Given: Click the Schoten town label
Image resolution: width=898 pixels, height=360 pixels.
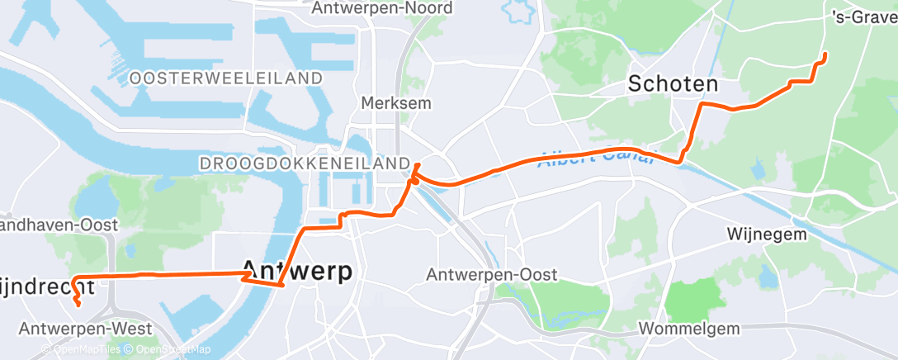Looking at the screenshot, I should pyautogui.click(x=673, y=83).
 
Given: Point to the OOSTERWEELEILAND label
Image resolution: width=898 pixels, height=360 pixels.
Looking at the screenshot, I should pyautogui.click(x=226, y=78).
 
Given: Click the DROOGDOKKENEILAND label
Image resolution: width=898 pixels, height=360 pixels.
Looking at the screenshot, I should pyautogui.click(x=305, y=163).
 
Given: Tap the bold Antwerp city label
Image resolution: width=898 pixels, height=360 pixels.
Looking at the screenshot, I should pyautogui.click(x=297, y=271).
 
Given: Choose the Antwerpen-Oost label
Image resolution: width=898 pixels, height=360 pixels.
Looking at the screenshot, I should pyautogui.click(x=492, y=274).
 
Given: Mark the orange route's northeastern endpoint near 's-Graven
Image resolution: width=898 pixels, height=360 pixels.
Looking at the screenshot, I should pyautogui.click(x=825, y=54).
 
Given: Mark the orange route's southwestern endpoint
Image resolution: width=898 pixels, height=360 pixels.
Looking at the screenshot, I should pyautogui.click(x=78, y=304).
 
